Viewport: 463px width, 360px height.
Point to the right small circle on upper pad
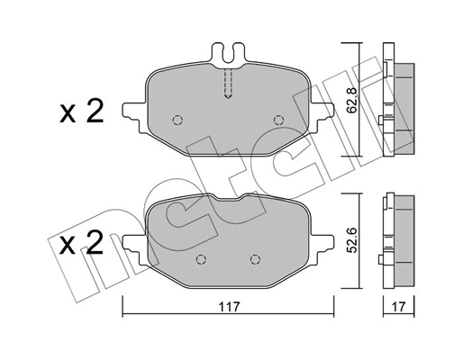[278, 119]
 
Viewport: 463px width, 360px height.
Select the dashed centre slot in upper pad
[228, 84]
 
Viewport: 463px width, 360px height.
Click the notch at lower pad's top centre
[228, 200]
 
